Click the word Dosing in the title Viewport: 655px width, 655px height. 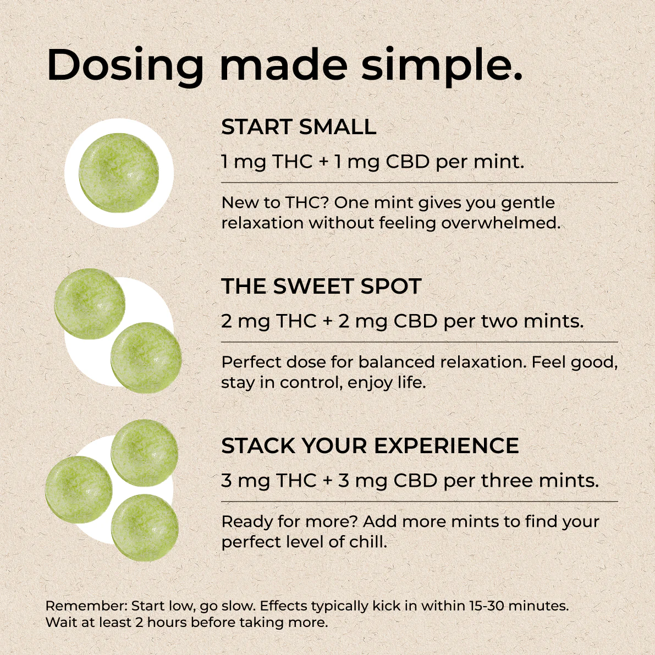coord(125,66)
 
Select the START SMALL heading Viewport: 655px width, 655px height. coord(299,127)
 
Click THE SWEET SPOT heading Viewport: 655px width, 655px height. coord(321,287)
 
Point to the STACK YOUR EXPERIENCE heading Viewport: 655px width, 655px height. coord(370,445)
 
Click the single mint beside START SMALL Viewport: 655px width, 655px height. coord(119,173)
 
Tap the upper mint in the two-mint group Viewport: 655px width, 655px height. coord(90,304)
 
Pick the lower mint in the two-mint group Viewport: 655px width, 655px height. coord(146,357)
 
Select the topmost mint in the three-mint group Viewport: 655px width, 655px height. coord(145,453)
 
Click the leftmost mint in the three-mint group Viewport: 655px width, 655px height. coord(79,489)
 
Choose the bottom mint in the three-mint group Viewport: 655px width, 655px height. coord(145,527)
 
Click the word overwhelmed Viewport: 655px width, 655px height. coord(500,223)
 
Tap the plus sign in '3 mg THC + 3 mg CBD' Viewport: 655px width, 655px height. coord(328,481)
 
